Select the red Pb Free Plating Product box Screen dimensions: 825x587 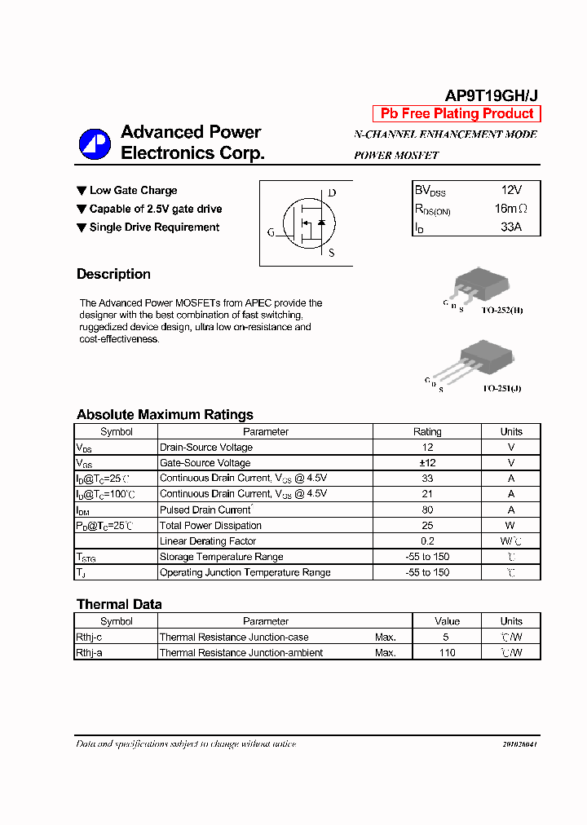pos(457,114)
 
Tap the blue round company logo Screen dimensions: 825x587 pos(94,143)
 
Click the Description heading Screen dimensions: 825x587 pos(113,274)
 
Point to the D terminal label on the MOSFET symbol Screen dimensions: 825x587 pos(332,193)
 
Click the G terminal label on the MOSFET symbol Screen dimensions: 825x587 pos(271,232)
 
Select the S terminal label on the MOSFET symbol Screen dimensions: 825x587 pos(331,253)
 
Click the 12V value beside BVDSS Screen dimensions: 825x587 pos(510,189)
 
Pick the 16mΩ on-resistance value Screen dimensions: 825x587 pos(511,209)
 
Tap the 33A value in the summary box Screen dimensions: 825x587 pos(510,227)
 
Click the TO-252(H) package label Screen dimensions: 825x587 pos(502,311)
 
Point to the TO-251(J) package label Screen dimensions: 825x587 pos(501,389)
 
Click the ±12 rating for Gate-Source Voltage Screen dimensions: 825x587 pos(427,463)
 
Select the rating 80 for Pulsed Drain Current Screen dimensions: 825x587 pos(427,510)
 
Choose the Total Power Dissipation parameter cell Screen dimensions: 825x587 pos(211,526)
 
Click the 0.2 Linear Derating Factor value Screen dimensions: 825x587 pos(427,541)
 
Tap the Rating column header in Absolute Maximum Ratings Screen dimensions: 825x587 pos(427,432)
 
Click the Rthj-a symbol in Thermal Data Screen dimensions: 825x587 pos(89,653)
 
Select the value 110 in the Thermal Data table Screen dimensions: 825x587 pos(447,653)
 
